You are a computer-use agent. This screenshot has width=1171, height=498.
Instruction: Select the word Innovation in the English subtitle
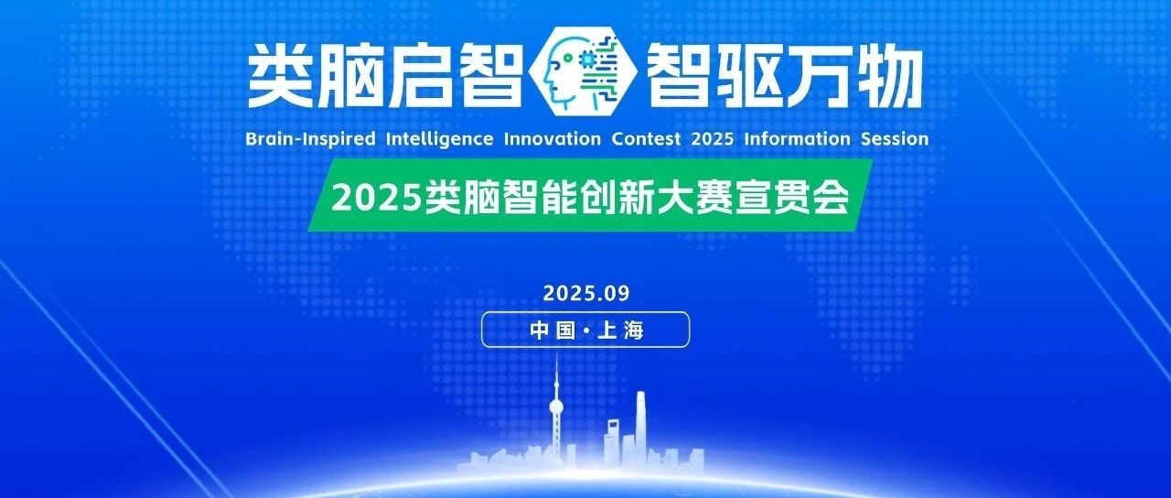pyautogui.click(x=552, y=139)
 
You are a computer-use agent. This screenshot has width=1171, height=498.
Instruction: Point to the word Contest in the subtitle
pyautogui.click(x=646, y=139)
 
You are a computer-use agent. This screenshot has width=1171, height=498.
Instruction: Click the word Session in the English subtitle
pyautogui.click(x=895, y=139)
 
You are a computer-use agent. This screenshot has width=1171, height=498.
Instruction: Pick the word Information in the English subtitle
pyautogui.click(x=797, y=139)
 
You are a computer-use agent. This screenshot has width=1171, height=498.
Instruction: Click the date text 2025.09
pyautogui.click(x=586, y=294)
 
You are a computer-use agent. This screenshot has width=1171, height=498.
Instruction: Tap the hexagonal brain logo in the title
pyautogui.click(x=583, y=70)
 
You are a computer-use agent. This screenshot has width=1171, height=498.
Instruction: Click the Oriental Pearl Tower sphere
pyautogui.click(x=556, y=407)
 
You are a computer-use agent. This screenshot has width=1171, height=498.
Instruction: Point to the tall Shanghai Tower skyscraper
pyautogui.click(x=641, y=428)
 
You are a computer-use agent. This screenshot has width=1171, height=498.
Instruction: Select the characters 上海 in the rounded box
pyautogui.click(x=620, y=330)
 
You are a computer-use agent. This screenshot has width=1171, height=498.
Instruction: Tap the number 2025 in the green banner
pyautogui.click(x=376, y=199)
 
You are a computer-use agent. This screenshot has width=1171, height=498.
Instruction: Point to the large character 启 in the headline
pyautogui.click(x=420, y=74)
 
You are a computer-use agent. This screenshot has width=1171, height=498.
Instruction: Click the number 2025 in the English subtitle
pyautogui.click(x=713, y=139)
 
